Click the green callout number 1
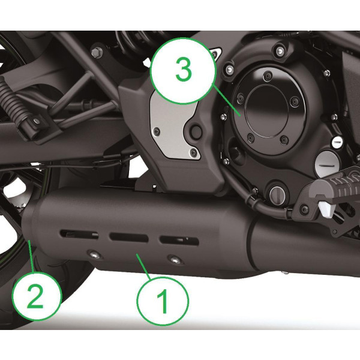(163, 300)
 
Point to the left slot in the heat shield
(77, 233)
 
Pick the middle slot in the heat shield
(126, 236)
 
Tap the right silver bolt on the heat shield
(174, 259)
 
